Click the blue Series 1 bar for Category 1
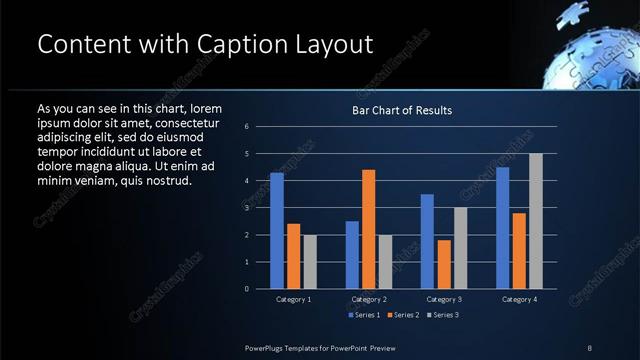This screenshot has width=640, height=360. [277, 231]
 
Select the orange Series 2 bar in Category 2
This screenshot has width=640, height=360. [368, 229]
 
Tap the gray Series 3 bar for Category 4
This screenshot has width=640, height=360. [535, 221]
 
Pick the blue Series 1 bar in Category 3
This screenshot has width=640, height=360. [427, 241]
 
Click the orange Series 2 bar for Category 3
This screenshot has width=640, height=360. [443, 264]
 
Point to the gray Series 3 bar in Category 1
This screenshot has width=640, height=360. [309, 262]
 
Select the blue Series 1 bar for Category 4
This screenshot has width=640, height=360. [503, 228]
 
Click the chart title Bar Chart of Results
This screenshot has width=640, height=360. [402, 110]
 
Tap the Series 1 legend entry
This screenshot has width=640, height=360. [364, 315]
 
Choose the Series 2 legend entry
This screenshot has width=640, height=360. [402, 315]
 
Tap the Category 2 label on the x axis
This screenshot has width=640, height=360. [368, 299]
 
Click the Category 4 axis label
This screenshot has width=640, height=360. [519, 299]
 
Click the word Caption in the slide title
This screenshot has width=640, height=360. [241, 45]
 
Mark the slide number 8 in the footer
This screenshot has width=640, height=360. [590, 347]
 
